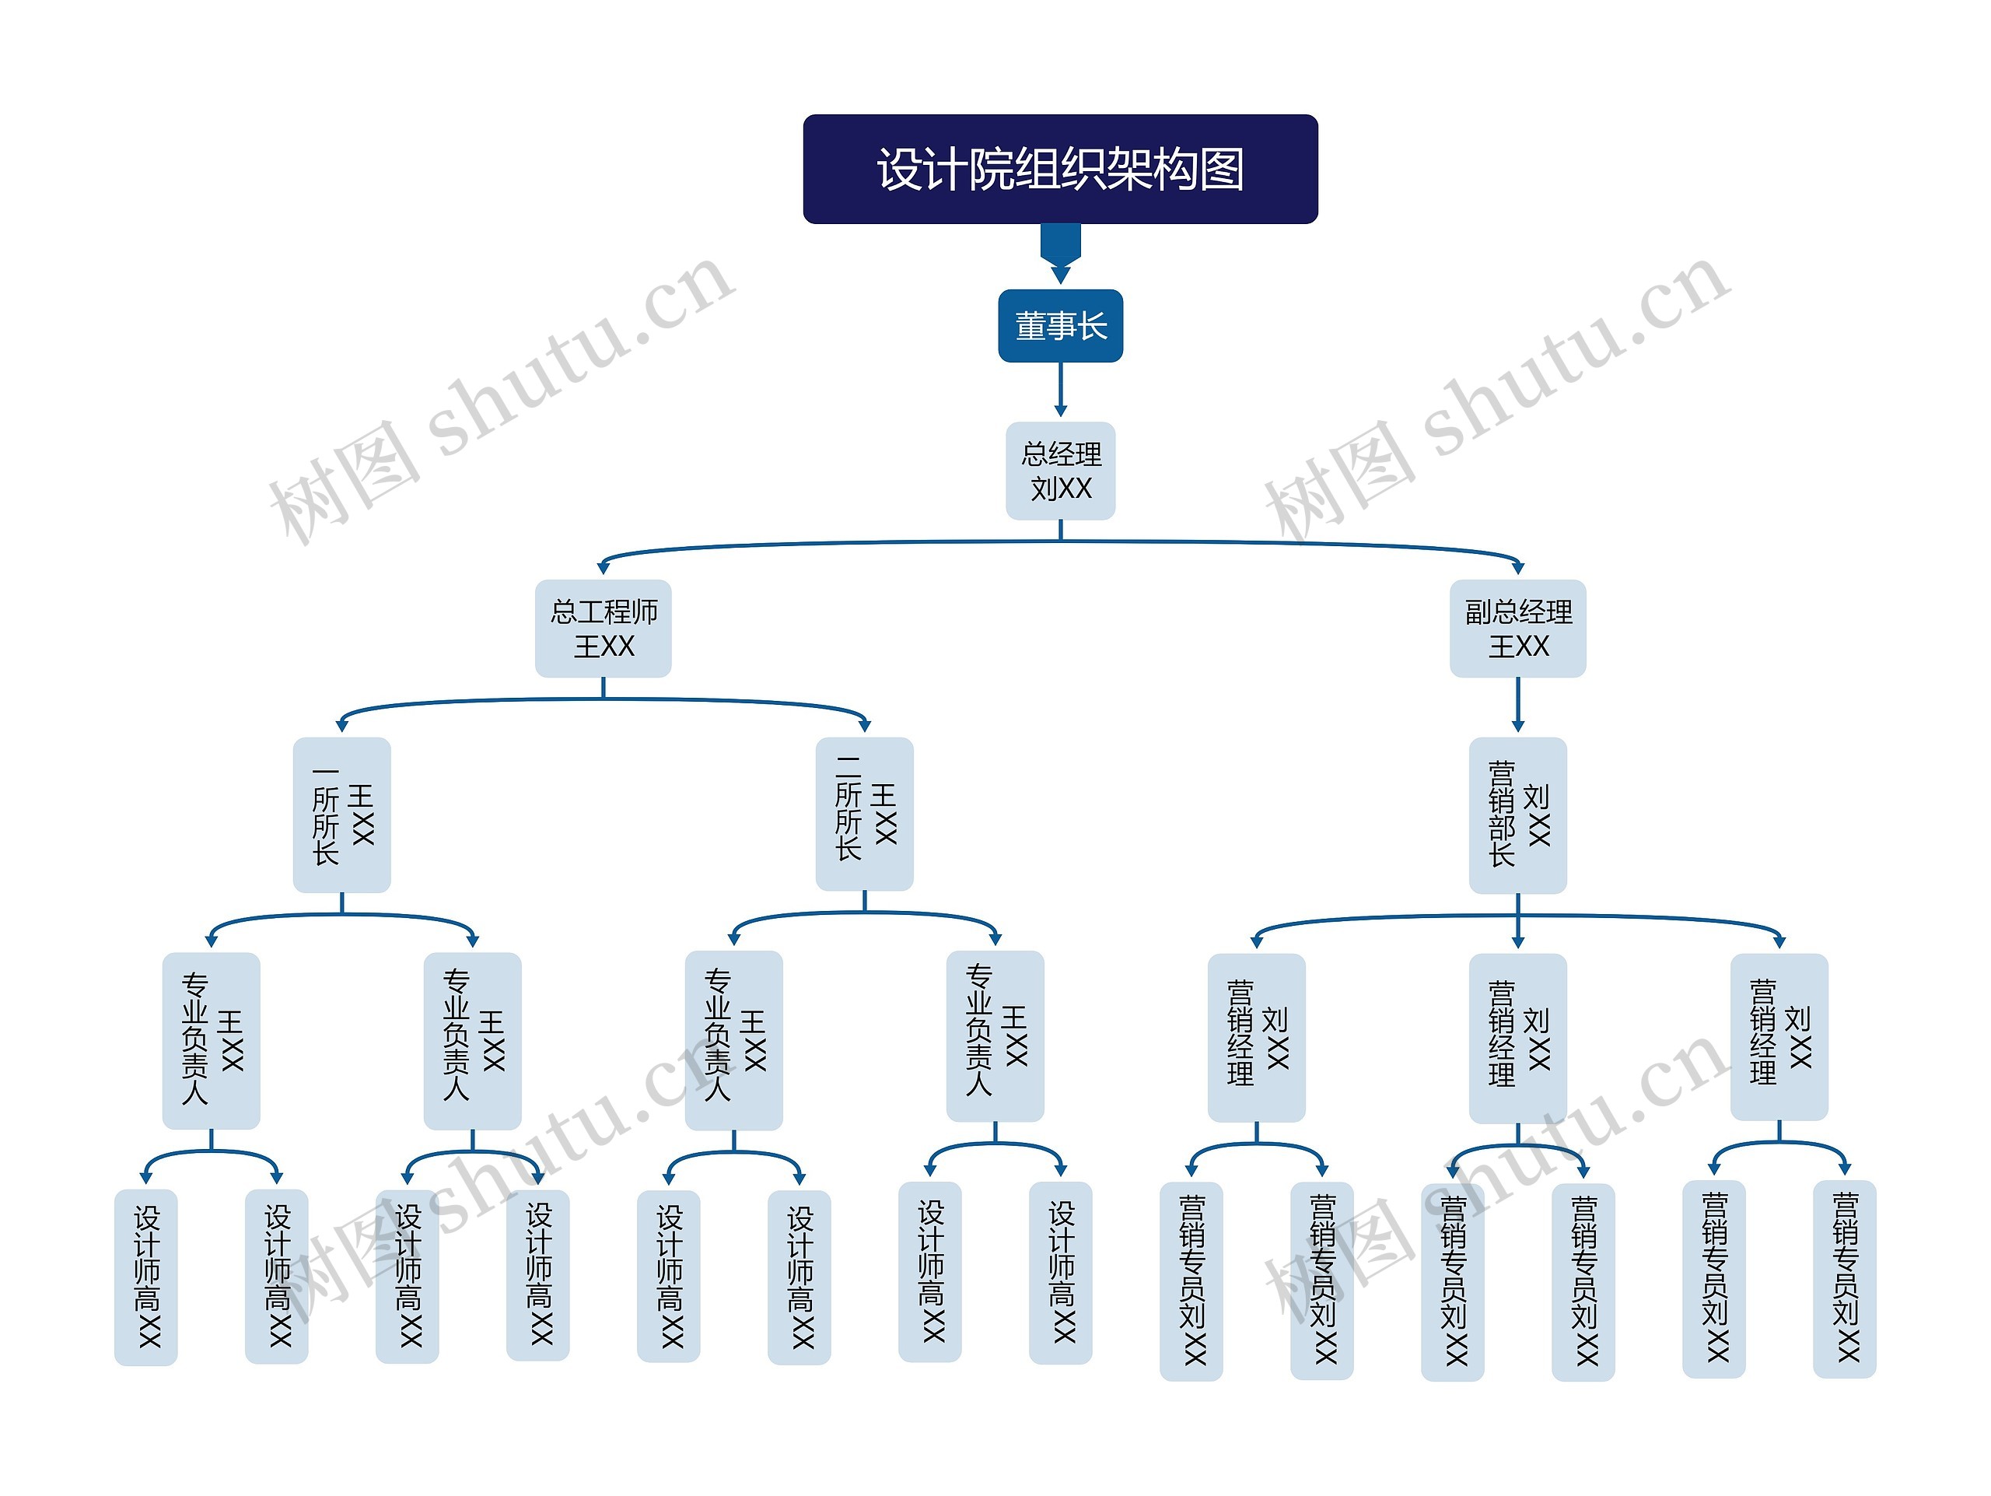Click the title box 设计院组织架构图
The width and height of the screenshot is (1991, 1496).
click(1059, 170)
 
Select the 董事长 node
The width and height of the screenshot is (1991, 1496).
click(1059, 326)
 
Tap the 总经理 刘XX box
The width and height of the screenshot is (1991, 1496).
click(1059, 471)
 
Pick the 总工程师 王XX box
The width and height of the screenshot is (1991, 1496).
click(603, 629)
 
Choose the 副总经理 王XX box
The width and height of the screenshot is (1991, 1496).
click(1517, 629)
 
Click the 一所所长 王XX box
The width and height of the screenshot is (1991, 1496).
click(342, 815)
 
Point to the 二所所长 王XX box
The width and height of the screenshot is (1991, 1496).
click(864, 814)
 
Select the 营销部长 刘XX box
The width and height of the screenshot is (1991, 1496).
click(1517, 815)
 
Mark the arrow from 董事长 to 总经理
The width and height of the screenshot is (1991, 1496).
click(1060, 389)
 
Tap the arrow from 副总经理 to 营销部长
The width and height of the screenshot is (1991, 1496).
click(1517, 704)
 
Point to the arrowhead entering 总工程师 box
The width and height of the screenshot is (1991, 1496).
click(603, 567)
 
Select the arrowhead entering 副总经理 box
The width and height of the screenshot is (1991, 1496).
click(1517, 567)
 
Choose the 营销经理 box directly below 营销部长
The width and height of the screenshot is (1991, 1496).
click(1517, 1038)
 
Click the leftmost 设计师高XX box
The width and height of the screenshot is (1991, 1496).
click(145, 1277)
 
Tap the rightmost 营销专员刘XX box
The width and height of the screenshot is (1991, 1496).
click(1843, 1278)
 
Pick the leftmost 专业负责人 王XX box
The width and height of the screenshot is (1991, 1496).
click(212, 1039)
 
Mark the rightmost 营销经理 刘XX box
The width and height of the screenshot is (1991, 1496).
click(1779, 1037)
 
